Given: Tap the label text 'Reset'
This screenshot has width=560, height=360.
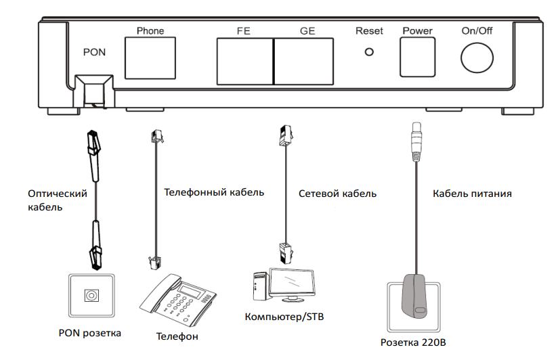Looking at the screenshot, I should tap(369, 31).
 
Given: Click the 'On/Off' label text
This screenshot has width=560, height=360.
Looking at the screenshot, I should tap(479, 31).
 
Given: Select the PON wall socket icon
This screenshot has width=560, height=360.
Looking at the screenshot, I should tap(89, 294).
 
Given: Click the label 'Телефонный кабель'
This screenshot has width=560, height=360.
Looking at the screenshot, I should tap(214, 192).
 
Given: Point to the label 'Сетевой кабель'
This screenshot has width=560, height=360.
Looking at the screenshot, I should tap(337, 194).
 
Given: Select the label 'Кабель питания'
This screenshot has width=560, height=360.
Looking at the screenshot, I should tap(471, 194).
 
